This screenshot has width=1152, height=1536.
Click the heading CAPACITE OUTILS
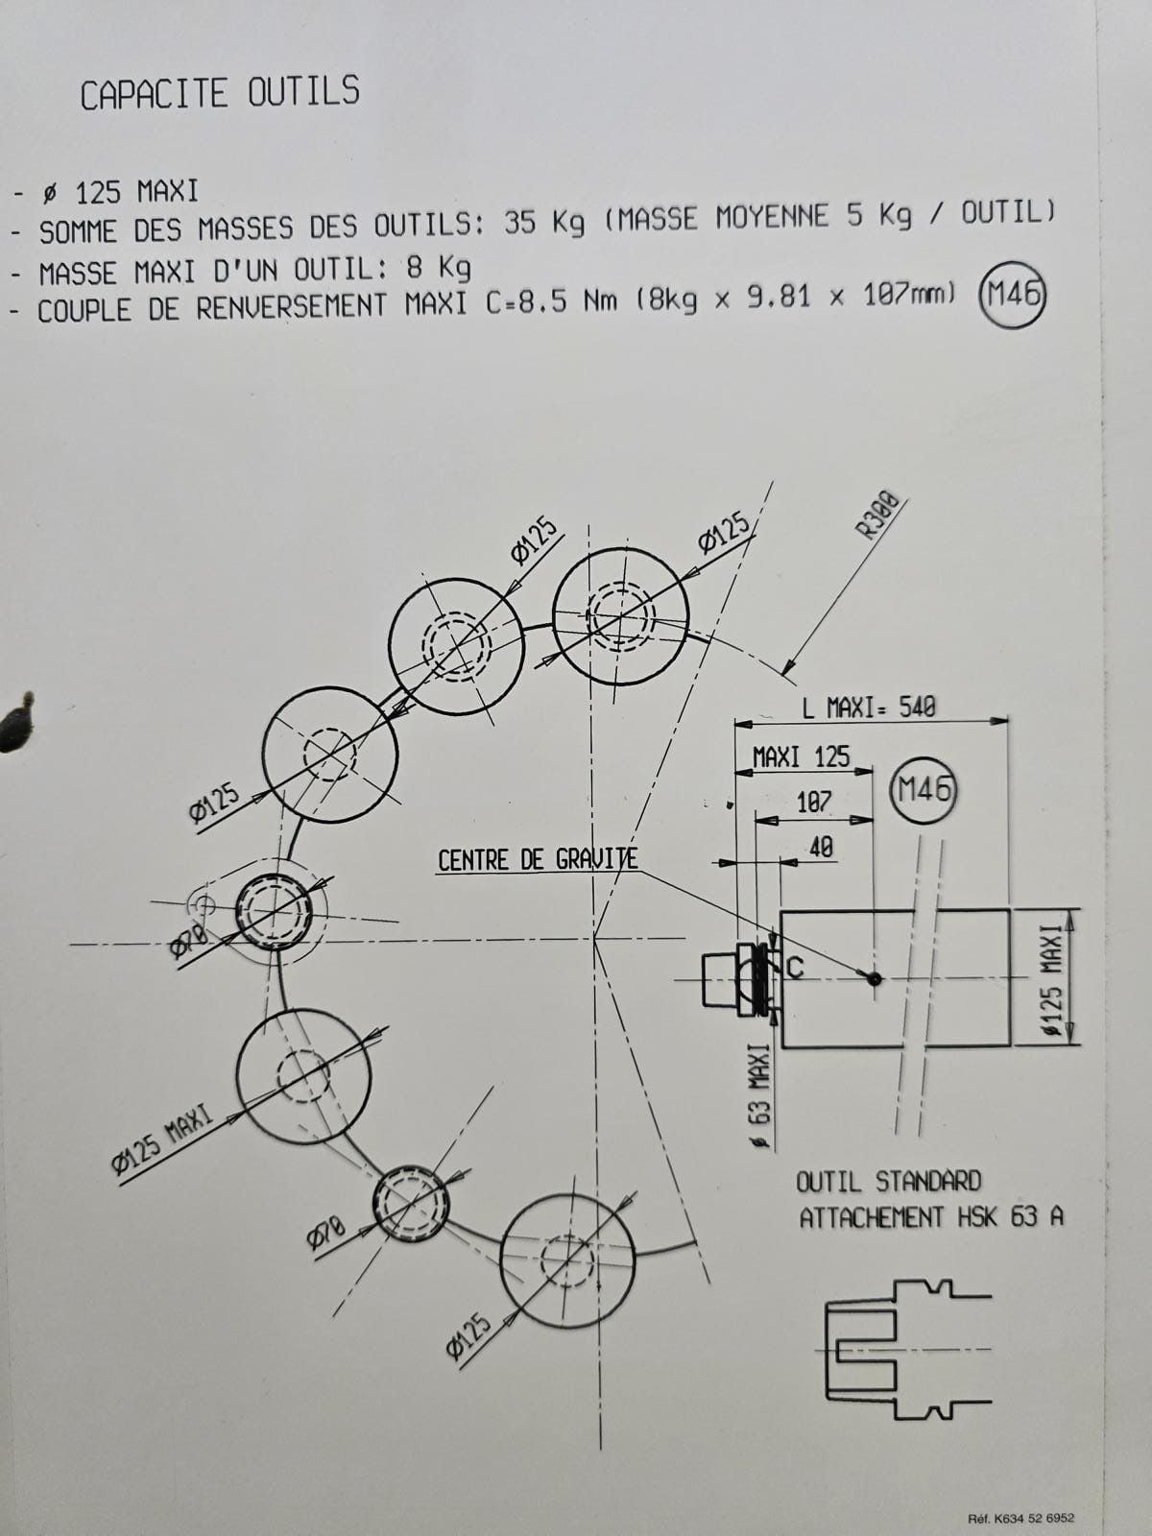[x=220, y=93]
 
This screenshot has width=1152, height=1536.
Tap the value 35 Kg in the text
[x=544, y=223]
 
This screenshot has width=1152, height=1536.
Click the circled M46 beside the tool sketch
[x=924, y=791]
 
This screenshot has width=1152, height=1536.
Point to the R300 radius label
[x=877, y=516]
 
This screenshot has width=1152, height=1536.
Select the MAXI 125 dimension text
[x=802, y=756]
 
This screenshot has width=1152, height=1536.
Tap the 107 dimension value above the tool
[x=814, y=802]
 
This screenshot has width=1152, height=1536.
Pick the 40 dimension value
[x=821, y=847]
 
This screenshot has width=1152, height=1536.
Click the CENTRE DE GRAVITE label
[x=537, y=859]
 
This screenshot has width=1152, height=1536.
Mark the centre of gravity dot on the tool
[x=874, y=978]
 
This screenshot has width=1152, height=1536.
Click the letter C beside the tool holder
[x=794, y=968]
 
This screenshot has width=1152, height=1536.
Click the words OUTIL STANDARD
[x=888, y=1181]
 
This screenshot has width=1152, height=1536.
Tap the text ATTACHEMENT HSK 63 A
[x=931, y=1217]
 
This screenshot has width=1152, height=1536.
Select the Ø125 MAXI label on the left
[x=161, y=1141]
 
